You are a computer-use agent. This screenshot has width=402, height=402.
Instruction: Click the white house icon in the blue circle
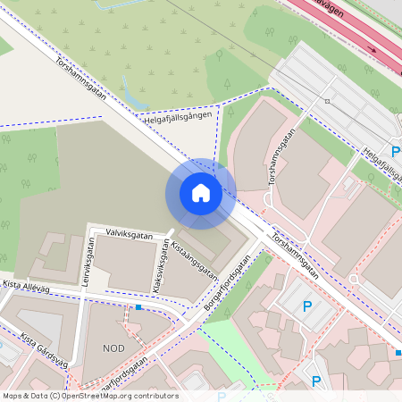(x=200, y=192)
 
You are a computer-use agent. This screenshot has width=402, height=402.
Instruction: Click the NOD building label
(x=114, y=348)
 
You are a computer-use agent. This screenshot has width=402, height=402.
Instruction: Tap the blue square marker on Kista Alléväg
(x=138, y=307)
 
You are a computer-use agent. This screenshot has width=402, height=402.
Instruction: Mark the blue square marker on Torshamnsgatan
(x=398, y=353)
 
